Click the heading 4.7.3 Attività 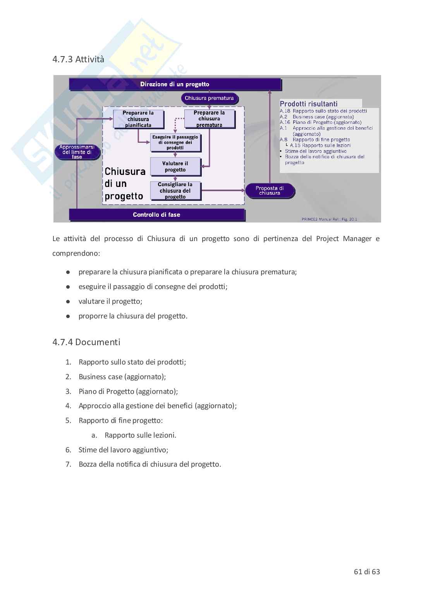click(78, 59)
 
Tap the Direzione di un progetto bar click(175, 84)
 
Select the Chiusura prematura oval click(209, 98)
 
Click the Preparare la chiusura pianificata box click(138, 119)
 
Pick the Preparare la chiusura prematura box click(209, 119)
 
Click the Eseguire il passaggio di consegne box click(175, 142)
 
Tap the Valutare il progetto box click(175, 166)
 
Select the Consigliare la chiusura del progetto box click(175, 190)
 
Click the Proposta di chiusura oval click(270, 190)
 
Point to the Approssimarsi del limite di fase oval click(77, 152)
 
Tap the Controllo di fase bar click(156, 214)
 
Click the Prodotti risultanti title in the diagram click(309, 104)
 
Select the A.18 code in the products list click(285, 111)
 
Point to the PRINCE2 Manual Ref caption click(329, 219)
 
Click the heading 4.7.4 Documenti click(86, 342)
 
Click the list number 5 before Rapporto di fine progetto click(68, 421)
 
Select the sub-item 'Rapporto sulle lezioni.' click(140, 435)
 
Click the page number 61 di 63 click(367, 572)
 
